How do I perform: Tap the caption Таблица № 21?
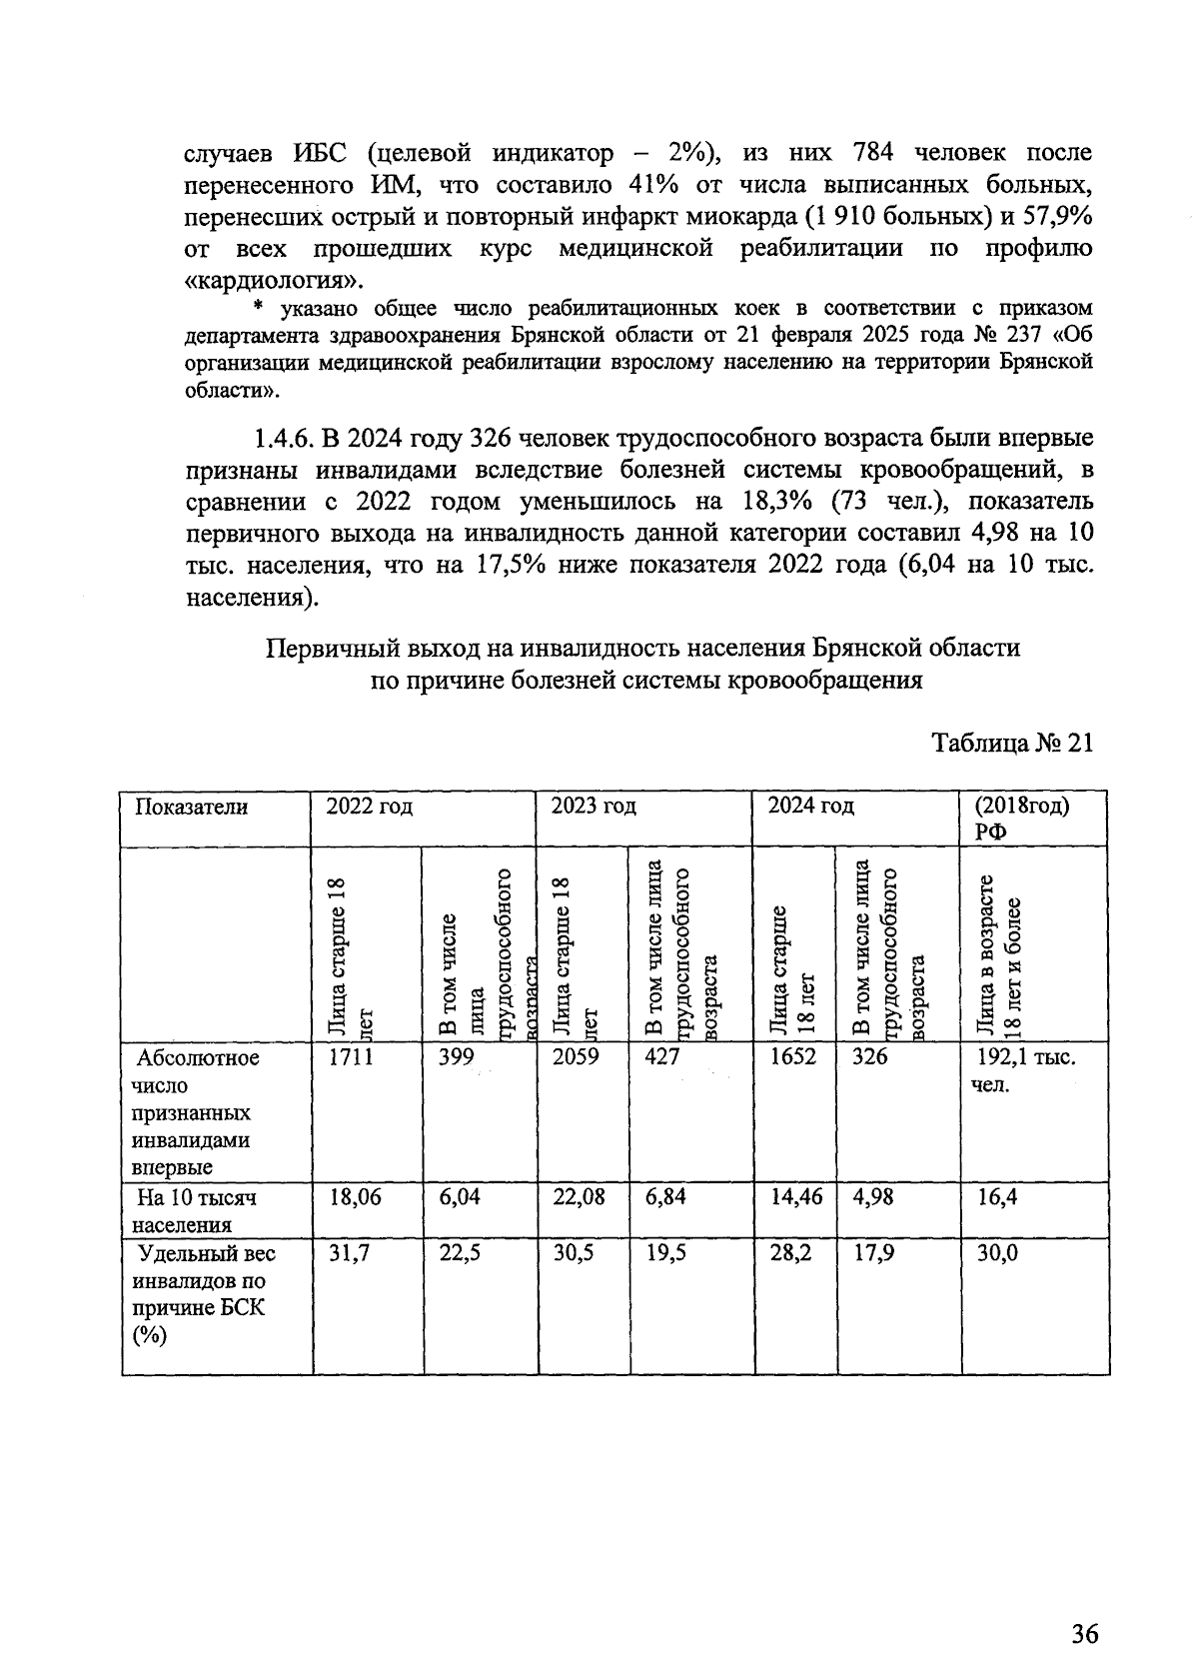(1012, 744)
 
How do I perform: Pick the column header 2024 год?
(810, 807)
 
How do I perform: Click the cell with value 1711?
(351, 1057)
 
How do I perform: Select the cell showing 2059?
(576, 1057)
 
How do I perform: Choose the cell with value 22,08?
(579, 1197)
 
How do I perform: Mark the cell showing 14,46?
(796, 1197)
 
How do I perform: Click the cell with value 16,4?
(997, 1197)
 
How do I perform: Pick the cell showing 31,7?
(349, 1253)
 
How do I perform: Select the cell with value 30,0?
(997, 1253)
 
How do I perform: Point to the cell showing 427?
(661, 1057)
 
